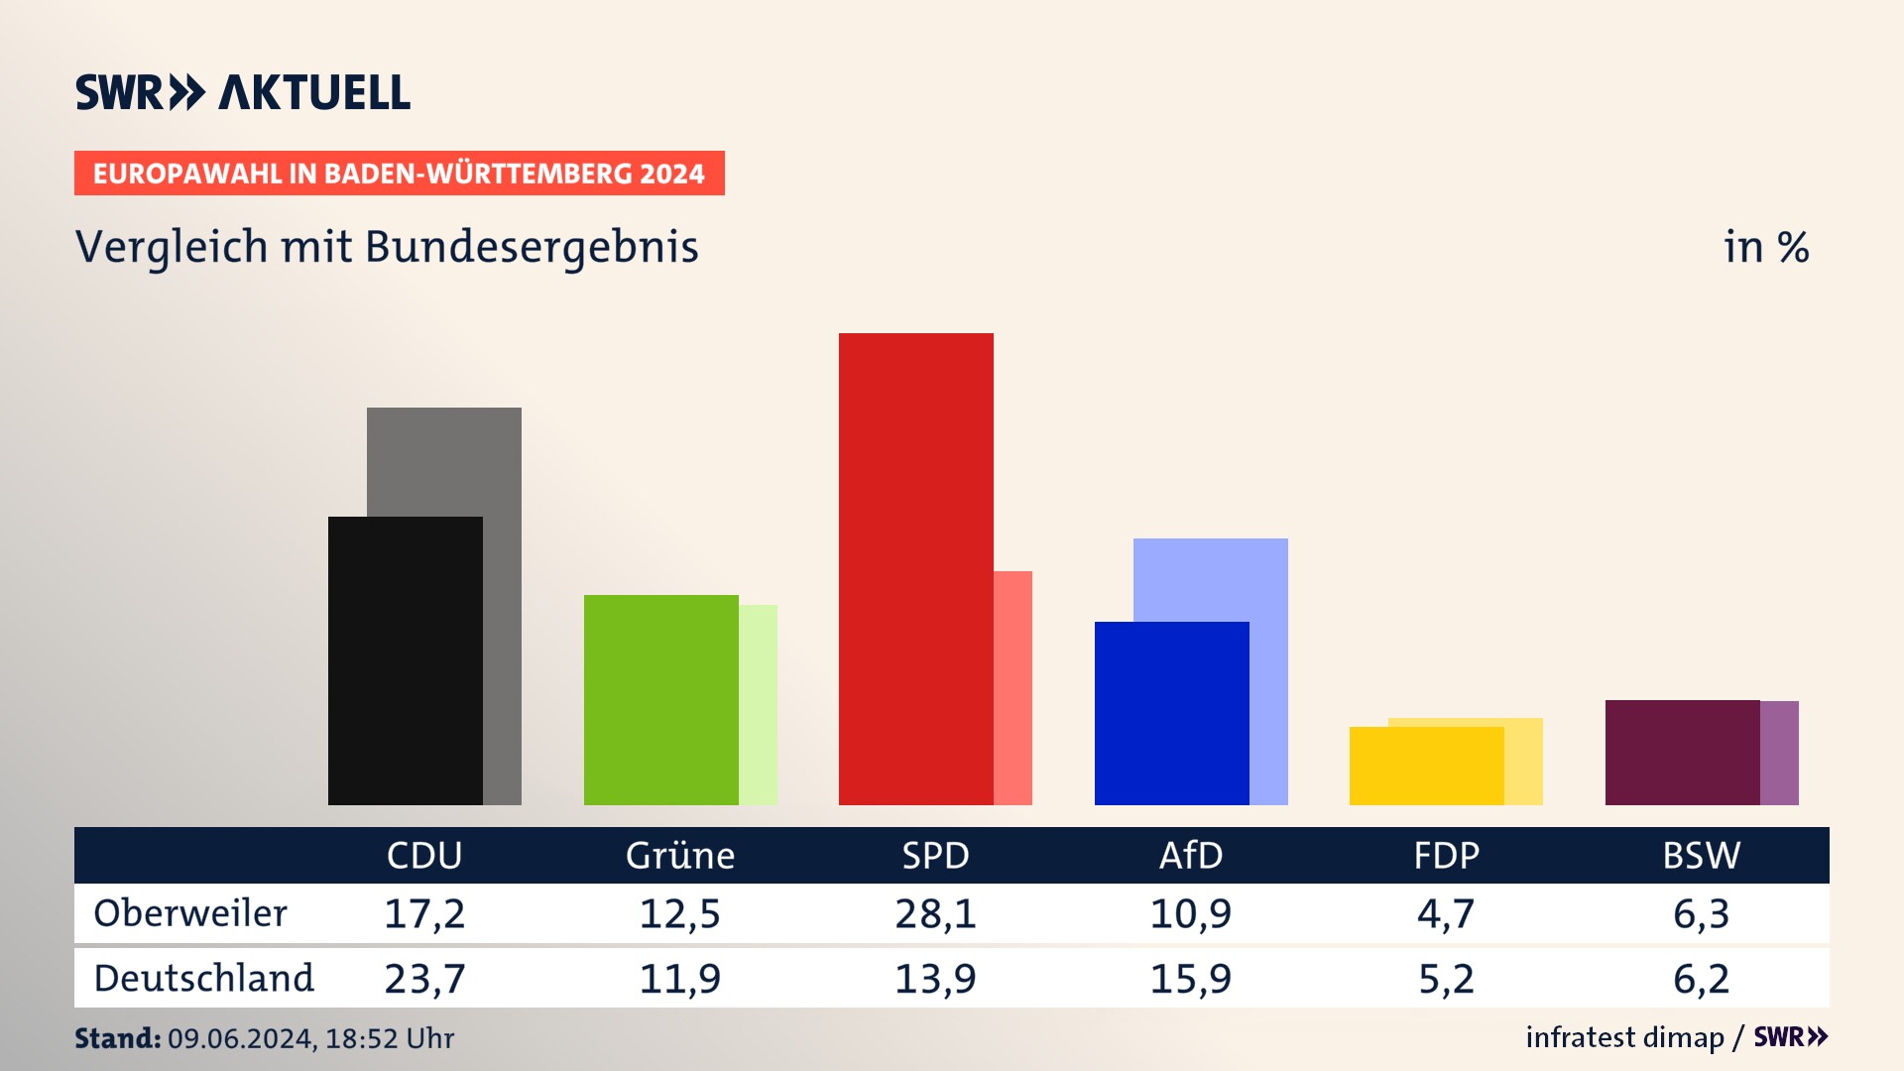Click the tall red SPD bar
click(915, 568)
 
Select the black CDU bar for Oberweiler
click(405, 660)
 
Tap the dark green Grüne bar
click(660, 699)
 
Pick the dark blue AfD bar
click(1171, 713)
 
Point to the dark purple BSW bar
click(1682, 752)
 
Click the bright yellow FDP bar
click(1426, 766)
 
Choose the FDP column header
click(1446, 855)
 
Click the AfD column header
click(1191, 855)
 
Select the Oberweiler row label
click(190, 912)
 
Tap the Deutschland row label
click(203, 978)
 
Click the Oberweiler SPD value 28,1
click(935, 913)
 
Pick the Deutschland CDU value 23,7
click(424, 979)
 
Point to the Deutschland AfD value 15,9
click(1191, 979)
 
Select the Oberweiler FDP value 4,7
click(1446, 913)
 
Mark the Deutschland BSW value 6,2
click(1701, 979)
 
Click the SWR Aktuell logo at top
click(243, 92)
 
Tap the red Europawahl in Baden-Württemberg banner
click(399, 174)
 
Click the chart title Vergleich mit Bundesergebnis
click(387, 247)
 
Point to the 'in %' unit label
click(1766, 247)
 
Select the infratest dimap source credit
click(1624, 1037)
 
